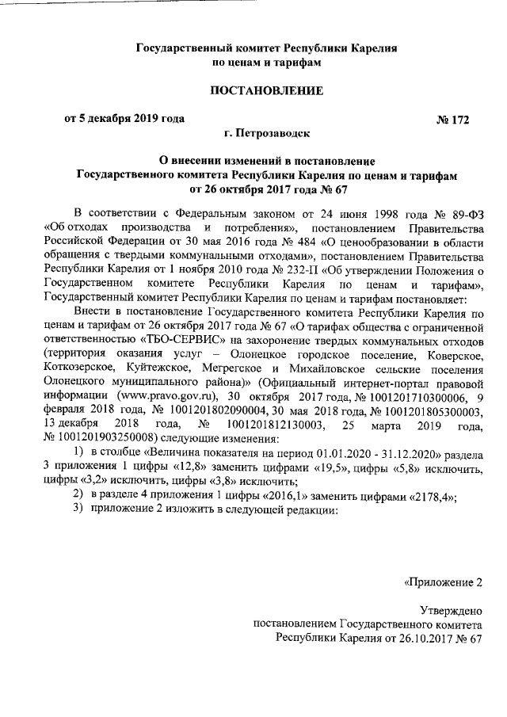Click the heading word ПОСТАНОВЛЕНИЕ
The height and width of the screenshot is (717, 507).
click(265, 91)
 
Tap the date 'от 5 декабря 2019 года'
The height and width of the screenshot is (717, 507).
click(124, 119)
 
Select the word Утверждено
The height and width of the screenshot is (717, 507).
click(451, 611)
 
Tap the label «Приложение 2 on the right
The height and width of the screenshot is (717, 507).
click(443, 583)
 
